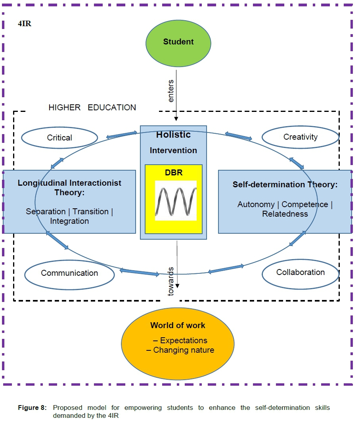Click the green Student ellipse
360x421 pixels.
tap(178, 42)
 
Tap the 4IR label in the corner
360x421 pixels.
tap(25, 24)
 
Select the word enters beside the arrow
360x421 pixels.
tap(171, 91)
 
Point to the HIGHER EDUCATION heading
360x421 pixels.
tap(92, 108)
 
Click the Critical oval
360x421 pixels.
tap(59, 138)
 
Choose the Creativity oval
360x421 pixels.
tap(301, 137)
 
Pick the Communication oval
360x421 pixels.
tap(69, 273)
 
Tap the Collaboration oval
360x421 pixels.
tap(301, 272)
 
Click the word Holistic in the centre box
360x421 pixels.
tap(173, 135)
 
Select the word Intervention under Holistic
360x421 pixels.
tap(173, 150)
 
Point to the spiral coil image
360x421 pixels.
tap(176, 200)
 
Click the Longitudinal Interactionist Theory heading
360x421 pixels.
tap(69, 187)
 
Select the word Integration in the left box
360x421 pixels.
tap(69, 221)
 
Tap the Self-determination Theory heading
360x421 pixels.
tap(285, 185)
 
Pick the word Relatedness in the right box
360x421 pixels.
tap(285, 214)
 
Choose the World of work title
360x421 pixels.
tap(178, 325)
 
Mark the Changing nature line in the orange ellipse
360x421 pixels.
tap(180, 350)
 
